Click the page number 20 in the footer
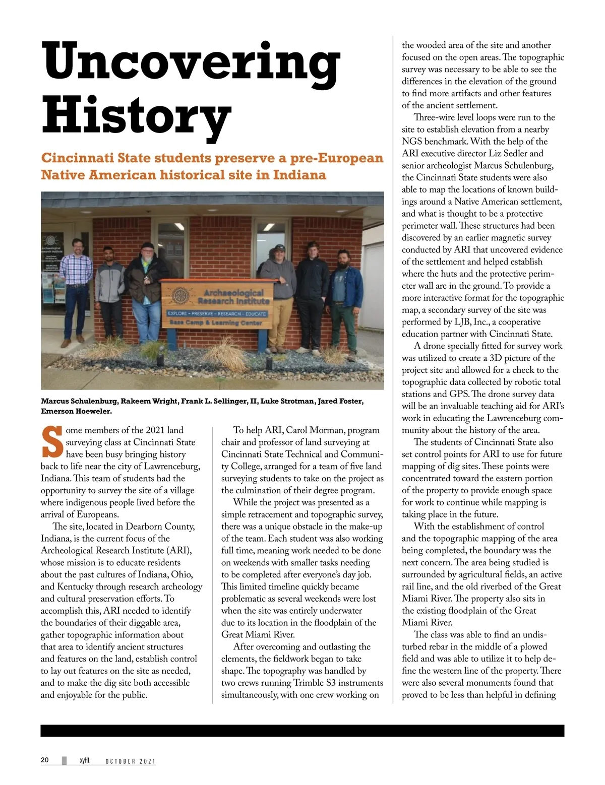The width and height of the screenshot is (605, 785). click(45, 760)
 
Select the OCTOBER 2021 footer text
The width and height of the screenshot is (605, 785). click(131, 761)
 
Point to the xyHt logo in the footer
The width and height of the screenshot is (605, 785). click(84, 760)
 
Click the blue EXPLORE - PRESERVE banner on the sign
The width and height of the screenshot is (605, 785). click(217, 313)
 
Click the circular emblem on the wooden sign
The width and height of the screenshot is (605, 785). click(180, 296)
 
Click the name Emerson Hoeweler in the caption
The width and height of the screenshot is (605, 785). click(77, 411)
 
